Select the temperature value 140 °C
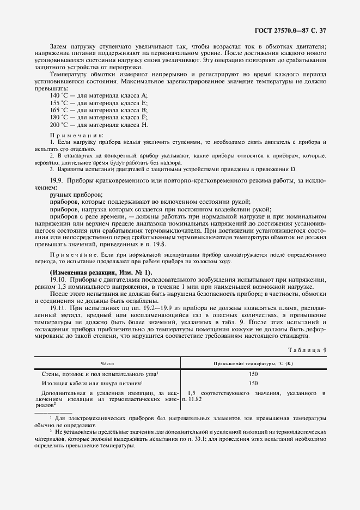[x=59, y=95]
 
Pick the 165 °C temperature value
[x=59, y=110]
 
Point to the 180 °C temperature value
[x=59, y=117]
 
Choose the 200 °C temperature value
[x=59, y=124]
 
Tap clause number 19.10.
[x=58, y=279]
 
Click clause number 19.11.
[x=58, y=308]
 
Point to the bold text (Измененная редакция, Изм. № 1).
[x=101, y=272]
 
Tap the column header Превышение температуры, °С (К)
[x=253, y=363]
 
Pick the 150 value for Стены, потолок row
[x=253, y=374]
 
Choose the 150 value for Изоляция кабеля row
[x=253, y=383]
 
